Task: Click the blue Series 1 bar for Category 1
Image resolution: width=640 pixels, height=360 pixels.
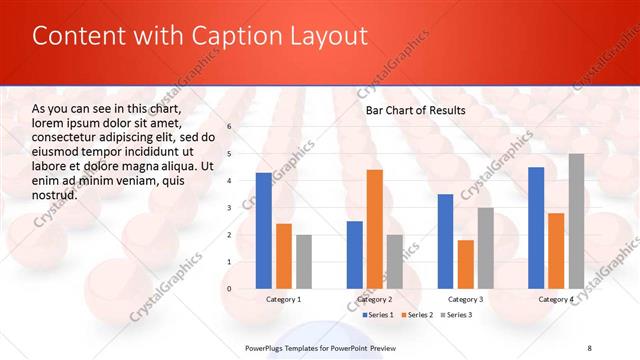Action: [263, 230]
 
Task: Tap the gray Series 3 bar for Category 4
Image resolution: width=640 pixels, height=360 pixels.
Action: [577, 221]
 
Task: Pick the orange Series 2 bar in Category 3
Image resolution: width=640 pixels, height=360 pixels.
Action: [465, 264]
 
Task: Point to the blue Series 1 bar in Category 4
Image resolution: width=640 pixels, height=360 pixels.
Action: [536, 227]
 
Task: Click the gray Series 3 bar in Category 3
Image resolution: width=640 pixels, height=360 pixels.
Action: [485, 248]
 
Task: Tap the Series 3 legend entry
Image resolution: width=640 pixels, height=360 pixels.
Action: [457, 315]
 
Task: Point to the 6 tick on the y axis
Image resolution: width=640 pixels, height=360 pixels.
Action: [229, 127]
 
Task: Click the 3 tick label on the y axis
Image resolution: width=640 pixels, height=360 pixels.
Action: [229, 208]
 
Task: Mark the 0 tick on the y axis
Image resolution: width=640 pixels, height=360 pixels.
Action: [229, 289]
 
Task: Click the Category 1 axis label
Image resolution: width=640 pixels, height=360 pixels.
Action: [283, 299]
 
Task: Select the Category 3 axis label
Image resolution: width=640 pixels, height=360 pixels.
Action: [465, 299]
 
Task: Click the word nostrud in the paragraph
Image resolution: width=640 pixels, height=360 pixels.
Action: [54, 195]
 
